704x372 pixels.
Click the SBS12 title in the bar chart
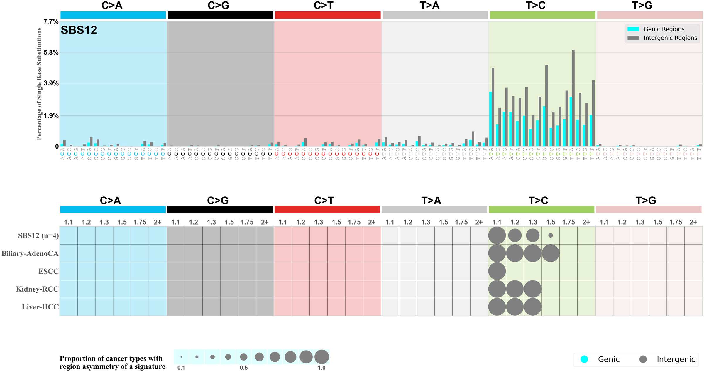79,30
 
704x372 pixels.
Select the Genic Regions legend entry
664,29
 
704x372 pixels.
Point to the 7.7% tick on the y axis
51,21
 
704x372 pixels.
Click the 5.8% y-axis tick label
51,53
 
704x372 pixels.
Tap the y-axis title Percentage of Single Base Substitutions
39,84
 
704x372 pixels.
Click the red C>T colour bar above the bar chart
328,15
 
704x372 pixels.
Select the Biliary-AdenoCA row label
30,253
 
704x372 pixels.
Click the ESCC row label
48,271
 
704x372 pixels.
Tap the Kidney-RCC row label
37,289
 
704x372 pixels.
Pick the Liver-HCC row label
40,307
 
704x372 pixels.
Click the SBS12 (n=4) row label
38,236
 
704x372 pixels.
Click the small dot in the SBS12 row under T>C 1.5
551,235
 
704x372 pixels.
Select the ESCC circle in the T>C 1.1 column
497,271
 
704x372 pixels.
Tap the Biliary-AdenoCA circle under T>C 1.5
551,253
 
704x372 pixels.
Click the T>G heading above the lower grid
646,201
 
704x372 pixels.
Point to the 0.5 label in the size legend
243,368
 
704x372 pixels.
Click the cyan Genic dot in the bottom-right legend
584,359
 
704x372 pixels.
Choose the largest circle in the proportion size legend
321,357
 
